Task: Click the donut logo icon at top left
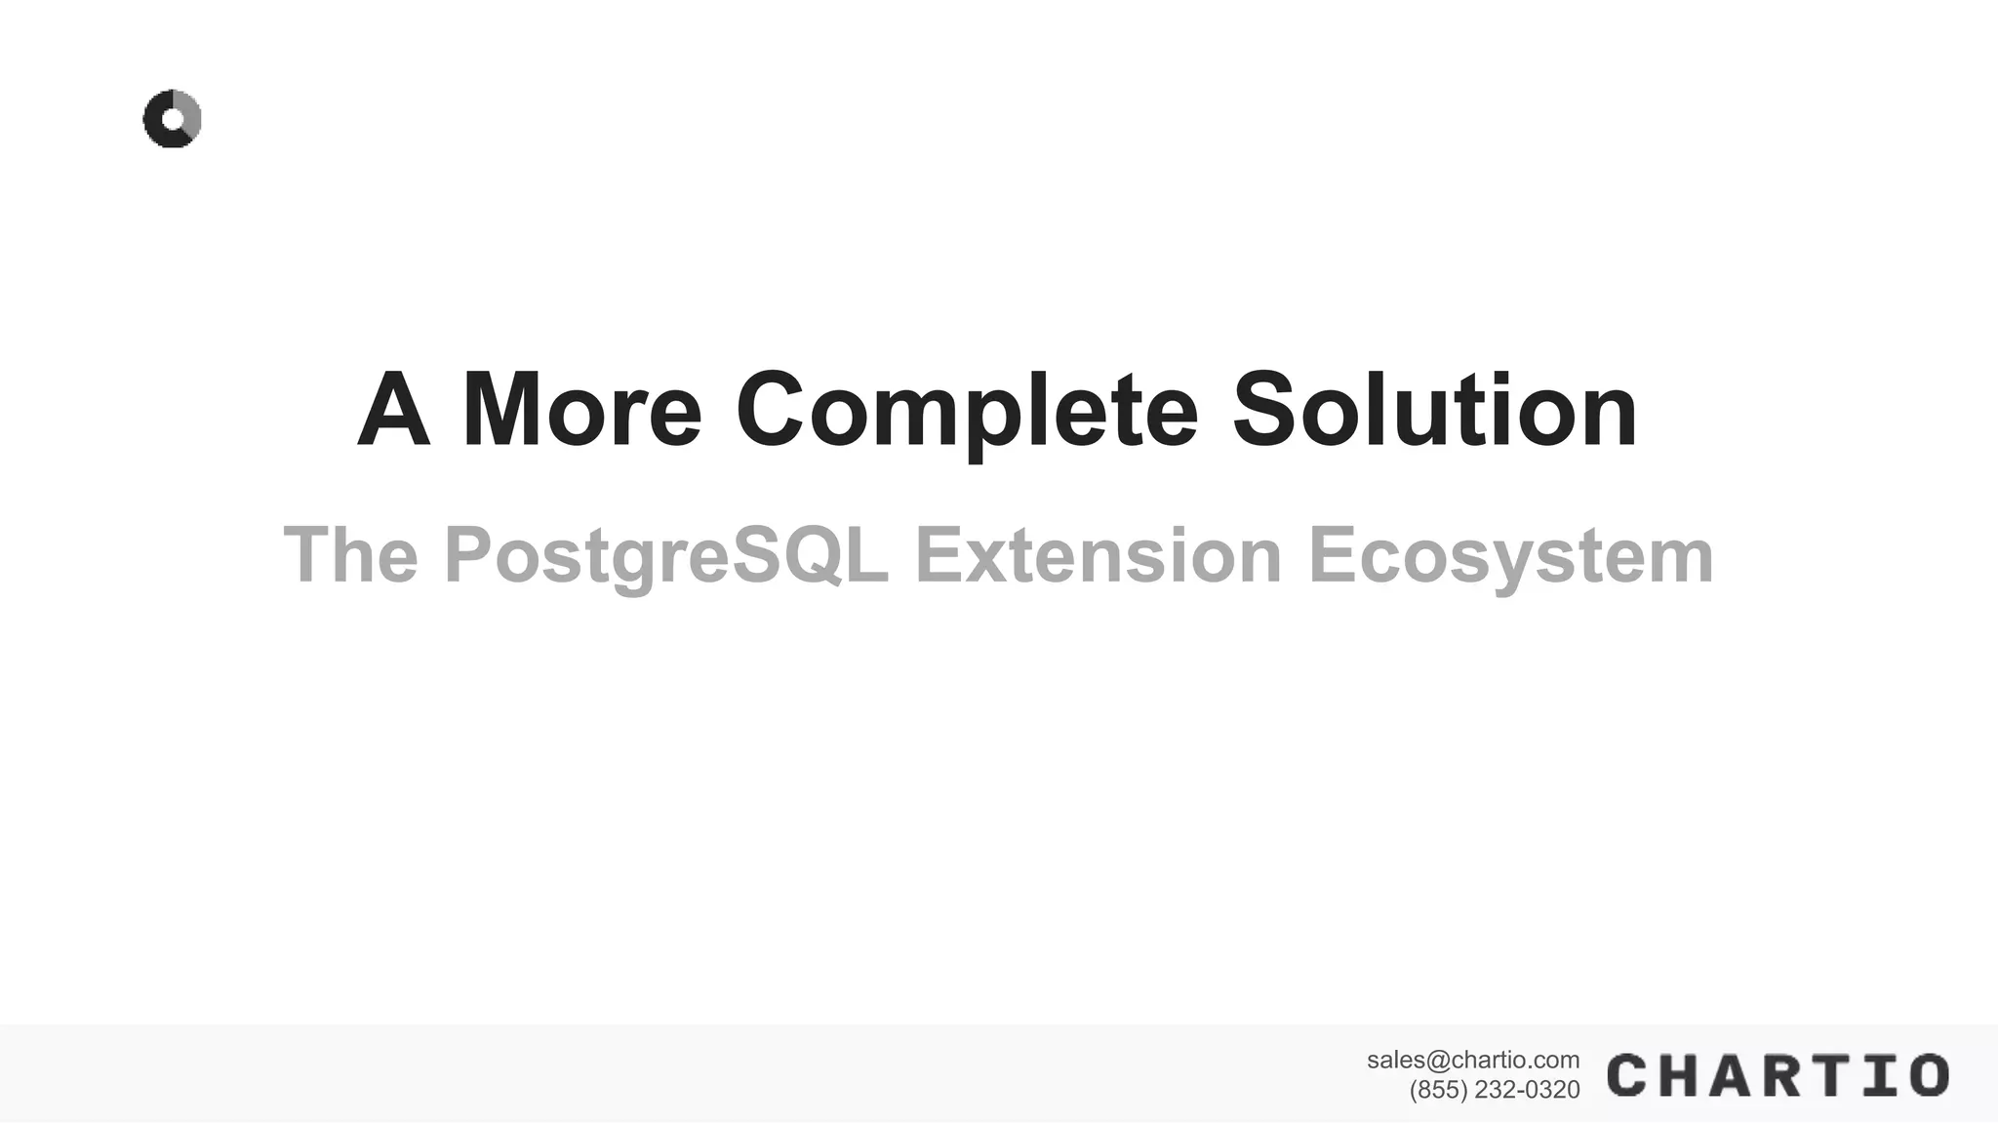coord(172,119)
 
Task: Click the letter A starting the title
coord(394,411)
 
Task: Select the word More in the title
coord(581,411)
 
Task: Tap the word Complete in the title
coord(966,411)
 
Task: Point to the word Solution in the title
coord(1434,411)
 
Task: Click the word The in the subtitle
coord(350,555)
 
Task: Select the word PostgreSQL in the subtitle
coord(666,555)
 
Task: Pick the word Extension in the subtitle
coord(1098,555)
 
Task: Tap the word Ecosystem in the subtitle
coord(1510,555)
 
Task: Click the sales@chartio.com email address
coord(1473,1060)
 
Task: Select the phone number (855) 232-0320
coord(1495,1090)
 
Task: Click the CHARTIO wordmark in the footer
coord(1778,1075)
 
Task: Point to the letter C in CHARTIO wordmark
coord(1628,1075)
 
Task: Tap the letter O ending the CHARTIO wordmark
coord(1928,1075)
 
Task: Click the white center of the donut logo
coord(174,119)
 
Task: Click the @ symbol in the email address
coord(1439,1060)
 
